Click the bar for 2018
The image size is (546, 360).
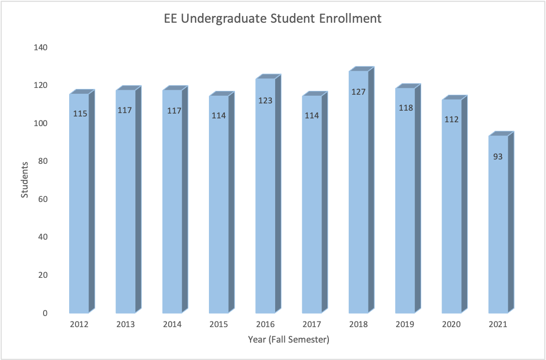(x=358, y=193)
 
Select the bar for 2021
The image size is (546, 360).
(x=498, y=227)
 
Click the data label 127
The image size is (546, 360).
(x=358, y=91)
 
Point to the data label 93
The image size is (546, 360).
(x=498, y=157)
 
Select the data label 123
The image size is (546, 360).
(x=266, y=101)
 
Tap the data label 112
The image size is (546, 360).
(x=451, y=119)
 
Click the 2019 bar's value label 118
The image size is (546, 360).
(x=405, y=108)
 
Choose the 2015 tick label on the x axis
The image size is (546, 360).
(x=219, y=325)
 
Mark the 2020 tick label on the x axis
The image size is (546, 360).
(x=451, y=325)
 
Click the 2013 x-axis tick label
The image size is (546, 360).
(x=125, y=325)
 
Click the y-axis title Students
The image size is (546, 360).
(x=25, y=180)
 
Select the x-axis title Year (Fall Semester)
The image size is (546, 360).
(x=289, y=340)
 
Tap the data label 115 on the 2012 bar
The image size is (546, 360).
(x=80, y=114)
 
